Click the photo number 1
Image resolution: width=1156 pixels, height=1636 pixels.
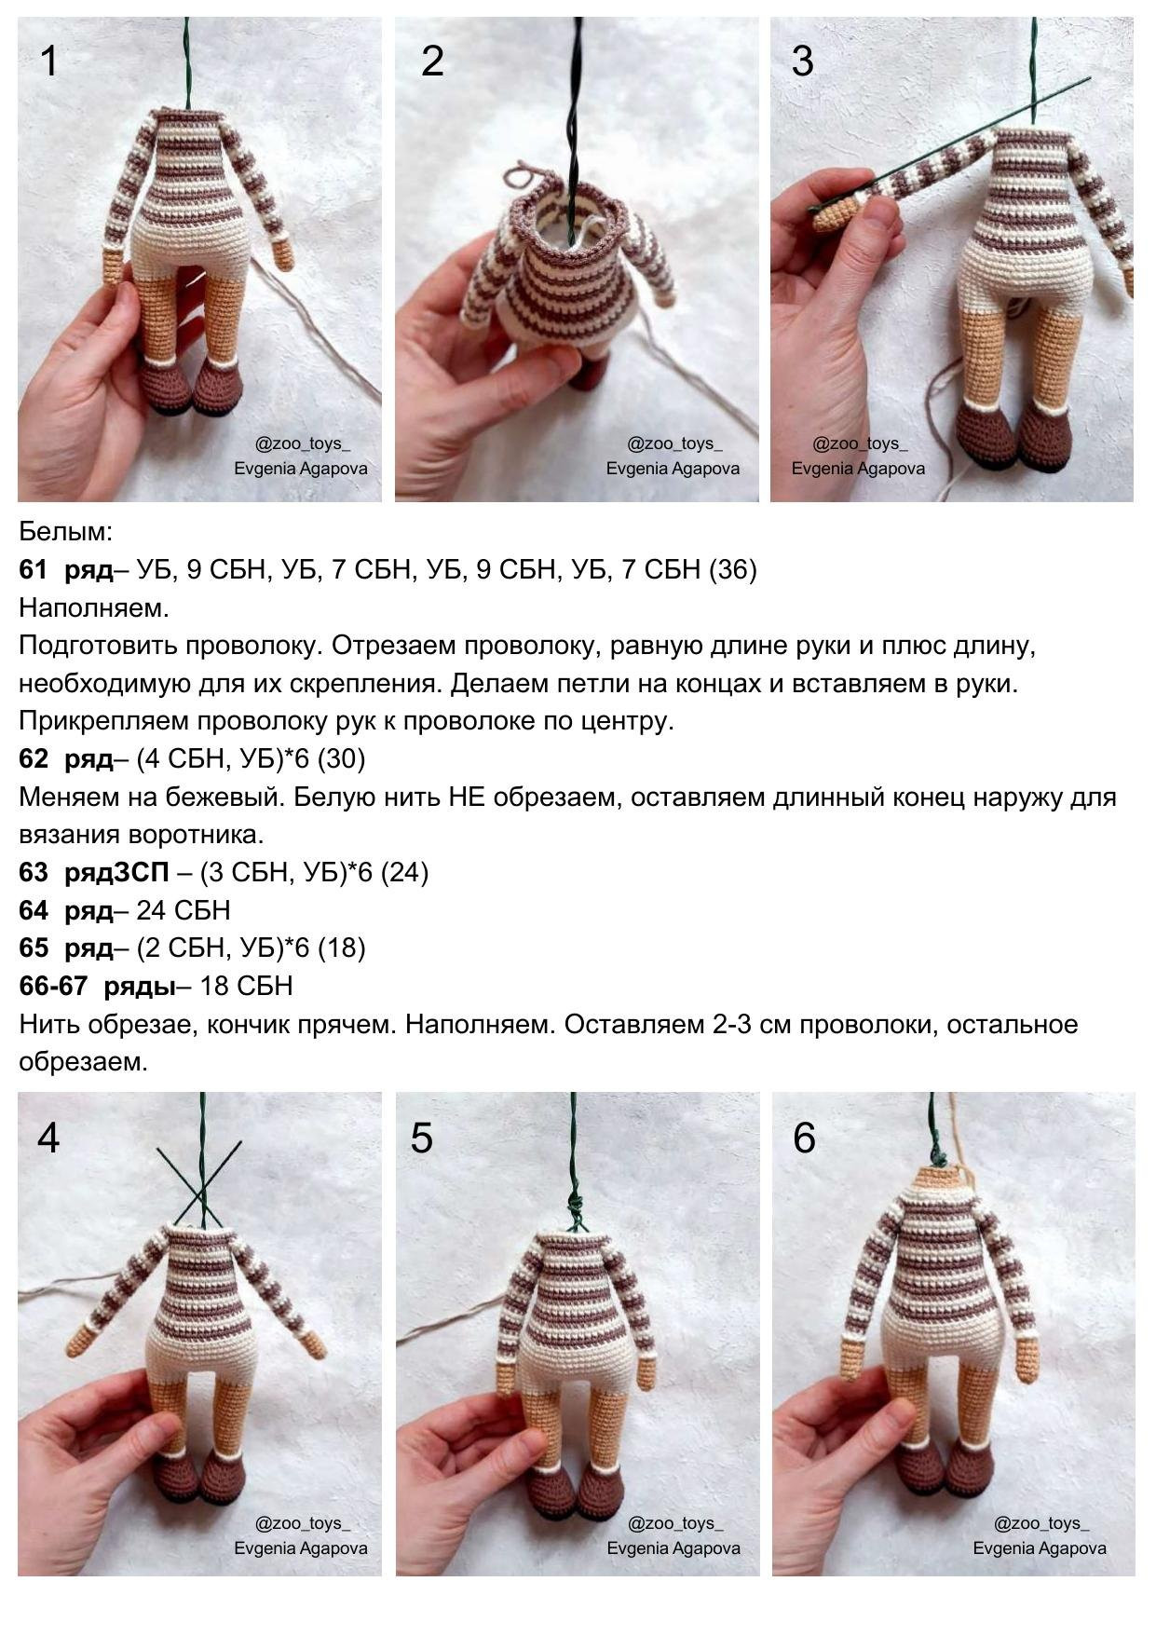pos(48,61)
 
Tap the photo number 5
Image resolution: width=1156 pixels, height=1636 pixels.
pos(421,1138)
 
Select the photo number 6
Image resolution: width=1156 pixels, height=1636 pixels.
pos(803,1138)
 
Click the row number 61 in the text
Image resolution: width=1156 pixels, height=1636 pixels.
pos(33,569)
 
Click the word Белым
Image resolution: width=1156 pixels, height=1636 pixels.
pos(65,532)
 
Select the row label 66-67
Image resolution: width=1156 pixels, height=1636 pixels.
pos(53,986)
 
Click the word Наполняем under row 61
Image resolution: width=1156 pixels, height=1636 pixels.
pos(93,608)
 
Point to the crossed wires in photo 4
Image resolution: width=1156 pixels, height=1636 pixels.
pos(198,1188)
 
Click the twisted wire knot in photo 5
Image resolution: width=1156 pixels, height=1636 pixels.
pos(575,1211)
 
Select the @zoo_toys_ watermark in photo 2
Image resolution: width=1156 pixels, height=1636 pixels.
pos(673,444)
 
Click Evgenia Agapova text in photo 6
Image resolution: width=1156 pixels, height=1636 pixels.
pos(1040,1547)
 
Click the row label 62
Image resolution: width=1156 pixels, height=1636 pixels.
pos(33,758)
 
